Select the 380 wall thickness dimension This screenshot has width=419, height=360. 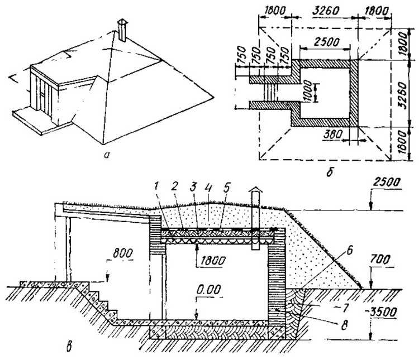[x=333, y=135]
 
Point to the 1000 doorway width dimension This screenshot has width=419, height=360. [x=308, y=92]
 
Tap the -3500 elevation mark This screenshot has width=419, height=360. [x=382, y=313]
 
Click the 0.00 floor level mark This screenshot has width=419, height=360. [x=209, y=290]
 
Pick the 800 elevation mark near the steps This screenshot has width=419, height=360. [x=123, y=253]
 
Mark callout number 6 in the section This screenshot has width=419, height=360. [x=350, y=251]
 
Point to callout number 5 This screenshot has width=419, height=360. [x=227, y=188]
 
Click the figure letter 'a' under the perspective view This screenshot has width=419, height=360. [x=107, y=155]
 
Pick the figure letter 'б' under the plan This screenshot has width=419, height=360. [x=330, y=172]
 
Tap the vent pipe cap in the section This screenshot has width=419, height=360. [x=255, y=190]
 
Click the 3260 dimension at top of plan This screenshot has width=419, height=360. [x=326, y=11]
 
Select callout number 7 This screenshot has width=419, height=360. [x=345, y=309]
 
